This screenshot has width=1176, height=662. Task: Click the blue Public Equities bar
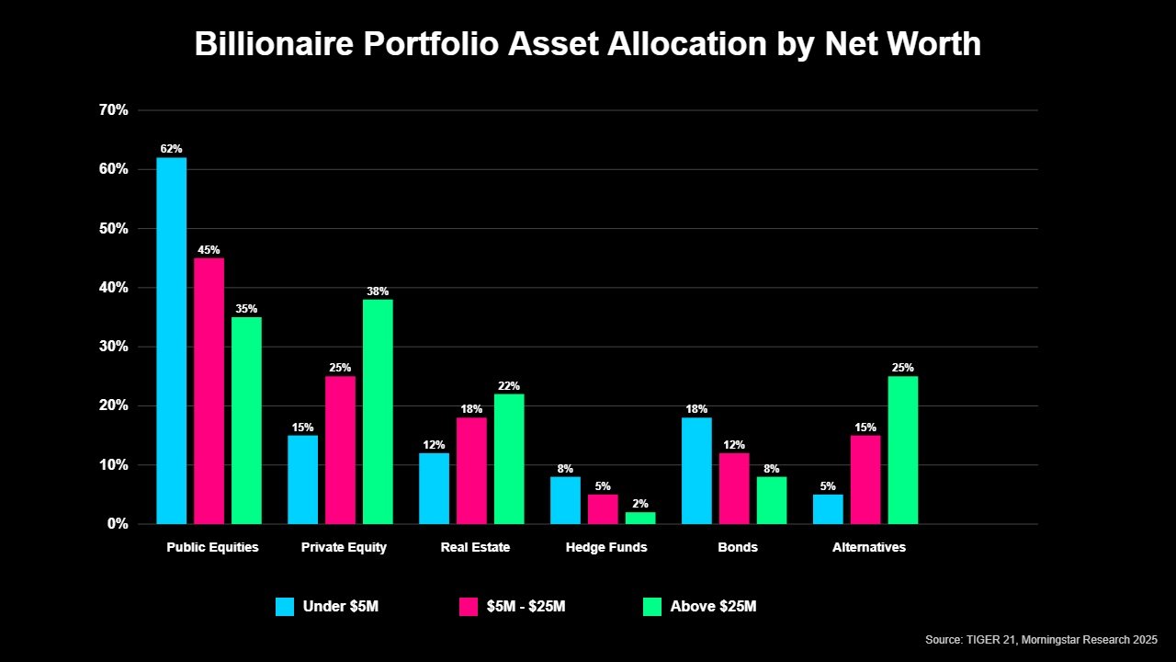coord(171,340)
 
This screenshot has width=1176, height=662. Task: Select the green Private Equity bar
coord(378,412)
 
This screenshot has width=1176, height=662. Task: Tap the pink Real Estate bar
coord(471,471)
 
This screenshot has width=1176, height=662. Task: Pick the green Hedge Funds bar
coord(640,518)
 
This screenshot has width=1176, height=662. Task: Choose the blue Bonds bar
coord(696,471)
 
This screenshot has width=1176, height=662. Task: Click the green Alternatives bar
coord(902,450)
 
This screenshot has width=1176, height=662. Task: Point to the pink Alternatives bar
coord(865,479)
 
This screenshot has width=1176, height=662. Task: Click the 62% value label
coord(171,149)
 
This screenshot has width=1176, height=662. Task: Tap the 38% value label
coord(378,291)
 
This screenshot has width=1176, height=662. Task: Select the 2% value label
coord(640,504)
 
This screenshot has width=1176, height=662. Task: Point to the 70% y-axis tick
coord(113,110)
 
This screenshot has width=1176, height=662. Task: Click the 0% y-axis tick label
coord(117,524)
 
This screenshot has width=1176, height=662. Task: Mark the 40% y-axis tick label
coord(113,288)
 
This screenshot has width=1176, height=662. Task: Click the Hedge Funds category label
coord(606,547)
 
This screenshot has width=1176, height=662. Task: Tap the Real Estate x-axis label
coord(475,547)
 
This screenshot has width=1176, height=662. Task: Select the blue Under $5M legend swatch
coord(285,607)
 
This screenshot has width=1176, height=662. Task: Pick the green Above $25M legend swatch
coord(652,607)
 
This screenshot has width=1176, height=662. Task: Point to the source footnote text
coord(1041,639)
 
